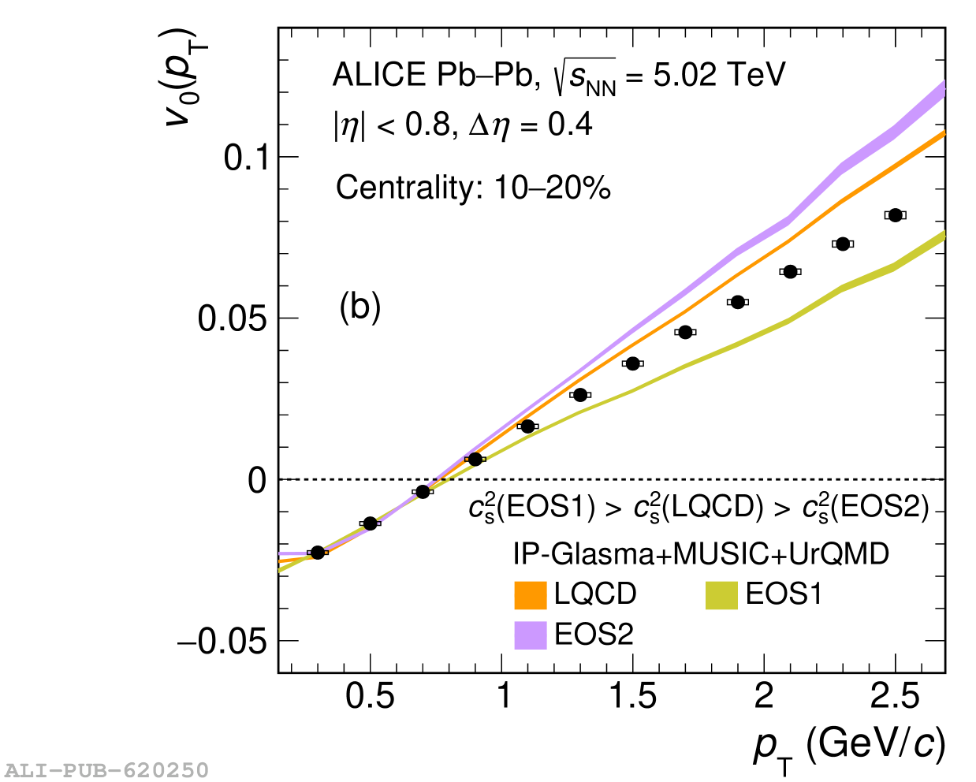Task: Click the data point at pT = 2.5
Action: tap(895, 215)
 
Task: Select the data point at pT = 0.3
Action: tap(318, 553)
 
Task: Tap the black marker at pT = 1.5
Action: tap(632, 363)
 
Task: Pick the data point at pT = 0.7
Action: tap(423, 492)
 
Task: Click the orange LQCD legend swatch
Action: tap(531, 595)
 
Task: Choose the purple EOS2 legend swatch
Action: tap(531, 635)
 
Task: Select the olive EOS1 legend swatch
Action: tap(721, 595)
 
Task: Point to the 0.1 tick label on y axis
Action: tap(247, 158)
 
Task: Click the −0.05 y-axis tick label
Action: tap(223, 642)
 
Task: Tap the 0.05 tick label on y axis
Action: tap(234, 319)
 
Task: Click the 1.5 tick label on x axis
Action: tap(632, 697)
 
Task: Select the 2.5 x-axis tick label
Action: tap(895, 697)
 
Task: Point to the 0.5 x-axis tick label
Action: tap(370, 697)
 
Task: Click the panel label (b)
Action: tap(360, 307)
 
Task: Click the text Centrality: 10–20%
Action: tap(473, 188)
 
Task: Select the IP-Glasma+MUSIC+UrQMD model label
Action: tap(701, 554)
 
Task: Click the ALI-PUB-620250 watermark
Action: tap(106, 769)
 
